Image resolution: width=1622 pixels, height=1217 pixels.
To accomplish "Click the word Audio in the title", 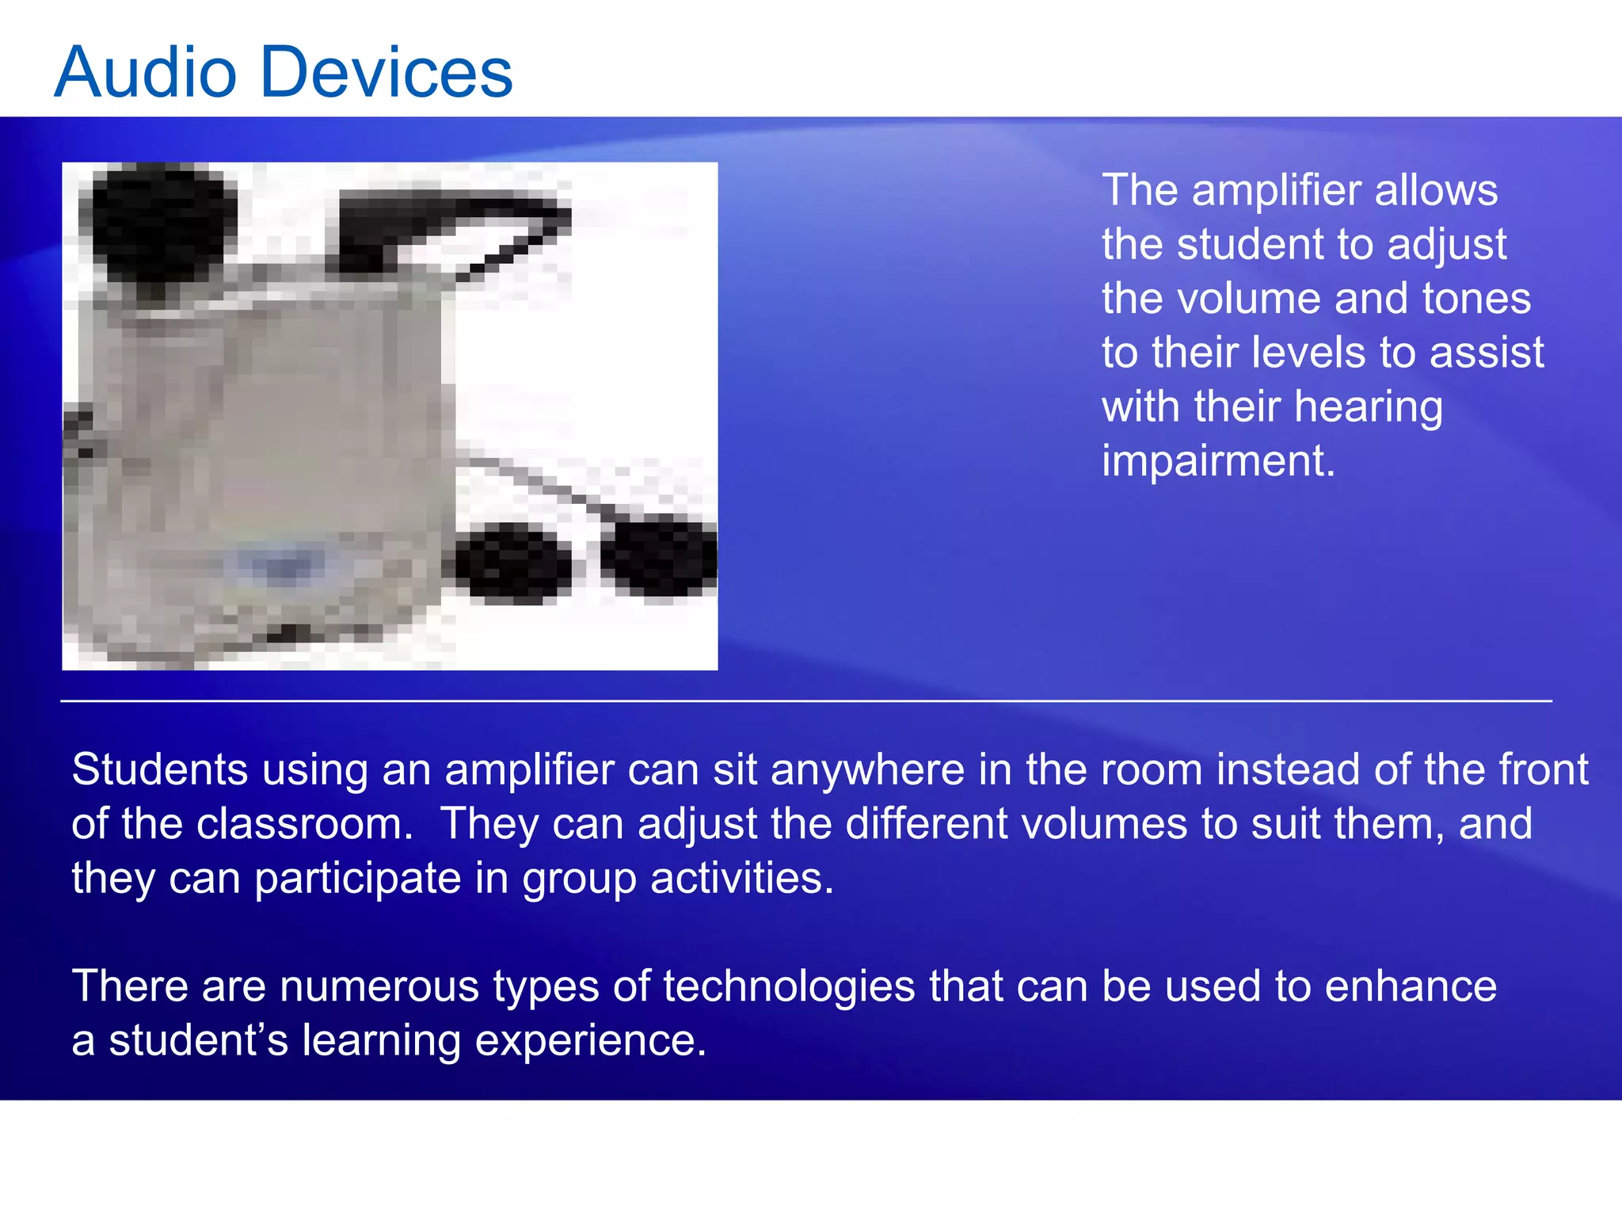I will pyautogui.click(x=146, y=73).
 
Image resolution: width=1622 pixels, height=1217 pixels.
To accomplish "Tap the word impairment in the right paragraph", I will pyautogui.click(x=1217, y=461).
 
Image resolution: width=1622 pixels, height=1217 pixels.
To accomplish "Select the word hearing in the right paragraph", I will pyautogui.click(x=1369, y=407).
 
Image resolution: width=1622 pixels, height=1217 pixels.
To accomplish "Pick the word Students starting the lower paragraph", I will pyautogui.click(x=159, y=770).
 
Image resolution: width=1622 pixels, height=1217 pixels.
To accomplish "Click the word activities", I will pyautogui.click(x=741, y=879).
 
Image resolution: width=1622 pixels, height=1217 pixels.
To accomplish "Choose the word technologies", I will pyautogui.click(x=789, y=987).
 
